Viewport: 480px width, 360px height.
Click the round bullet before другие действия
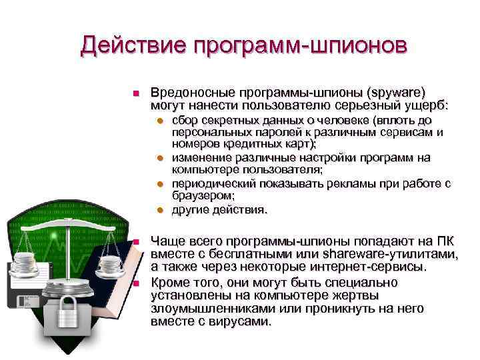pos(160,210)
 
